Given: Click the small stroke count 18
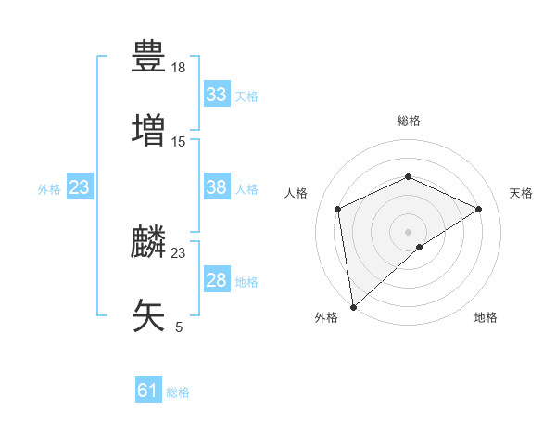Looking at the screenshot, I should tap(179, 68).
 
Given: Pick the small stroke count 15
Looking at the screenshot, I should tap(179, 141).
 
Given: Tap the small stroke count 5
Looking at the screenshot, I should tap(179, 327).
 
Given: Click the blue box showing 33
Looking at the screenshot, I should tap(216, 95).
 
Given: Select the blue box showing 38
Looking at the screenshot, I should tap(216, 187).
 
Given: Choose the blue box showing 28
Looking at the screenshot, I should tap(216, 280).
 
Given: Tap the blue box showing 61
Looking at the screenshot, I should tap(147, 391).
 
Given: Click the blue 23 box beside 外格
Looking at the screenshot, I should tap(79, 187).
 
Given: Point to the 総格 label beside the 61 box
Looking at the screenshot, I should tap(178, 391).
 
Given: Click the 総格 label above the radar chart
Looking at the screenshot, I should tap(409, 121).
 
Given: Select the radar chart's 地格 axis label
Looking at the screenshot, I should tap(486, 317).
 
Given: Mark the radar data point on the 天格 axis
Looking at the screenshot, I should tap(479, 209).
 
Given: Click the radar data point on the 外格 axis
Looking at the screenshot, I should tap(353, 307).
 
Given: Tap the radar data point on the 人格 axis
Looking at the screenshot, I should tap(338, 209).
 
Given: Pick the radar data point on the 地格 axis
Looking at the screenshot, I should tap(420, 247).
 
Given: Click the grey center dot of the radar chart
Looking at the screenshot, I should tap(409, 231).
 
